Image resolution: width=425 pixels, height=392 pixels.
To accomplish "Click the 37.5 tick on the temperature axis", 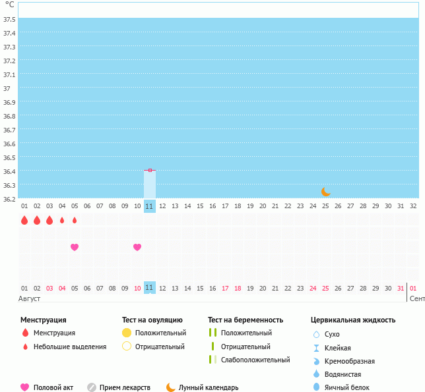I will click(x=9, y=19).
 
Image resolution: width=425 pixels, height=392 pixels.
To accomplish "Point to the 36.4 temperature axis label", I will click(x=9, y=171).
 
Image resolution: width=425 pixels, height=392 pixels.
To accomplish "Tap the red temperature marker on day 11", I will click(x=150, y=170).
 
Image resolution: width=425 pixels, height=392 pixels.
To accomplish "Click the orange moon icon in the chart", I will click(x=325, y=191).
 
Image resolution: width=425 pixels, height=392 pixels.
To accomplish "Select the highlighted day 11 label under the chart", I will click(x=149, y=206).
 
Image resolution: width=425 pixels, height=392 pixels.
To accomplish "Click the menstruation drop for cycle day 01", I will click(x=24, y=220).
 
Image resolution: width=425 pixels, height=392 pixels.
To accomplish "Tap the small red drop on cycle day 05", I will click(x=75, y=220).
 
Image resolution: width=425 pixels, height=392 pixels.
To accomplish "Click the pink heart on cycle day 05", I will click(x=75, y=247).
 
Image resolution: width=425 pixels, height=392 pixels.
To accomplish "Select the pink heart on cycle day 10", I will click(x=137, y=247).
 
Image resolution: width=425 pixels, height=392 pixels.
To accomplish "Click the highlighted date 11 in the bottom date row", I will click(x=149, y=287).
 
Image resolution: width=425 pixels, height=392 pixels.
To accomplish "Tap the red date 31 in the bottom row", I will click(x=401, y=288).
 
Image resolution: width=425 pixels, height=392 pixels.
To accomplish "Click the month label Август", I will click(x=30, y=298).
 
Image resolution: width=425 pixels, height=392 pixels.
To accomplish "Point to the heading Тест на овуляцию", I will click(x=152, y=320).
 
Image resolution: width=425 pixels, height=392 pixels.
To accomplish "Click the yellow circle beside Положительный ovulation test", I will click(x=127, y=333).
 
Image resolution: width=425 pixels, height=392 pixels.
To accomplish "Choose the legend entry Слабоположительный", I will click(x=255, y=360).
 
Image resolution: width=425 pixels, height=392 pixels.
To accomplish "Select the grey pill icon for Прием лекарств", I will click(x=92, y=387).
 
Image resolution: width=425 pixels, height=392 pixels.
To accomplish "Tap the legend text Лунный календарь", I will click(x=208, y=387).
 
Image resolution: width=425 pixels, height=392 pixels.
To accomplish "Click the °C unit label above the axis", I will click(x=9, y=5).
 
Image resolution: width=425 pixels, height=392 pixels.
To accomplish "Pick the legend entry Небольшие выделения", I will click(x=69, y=347).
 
